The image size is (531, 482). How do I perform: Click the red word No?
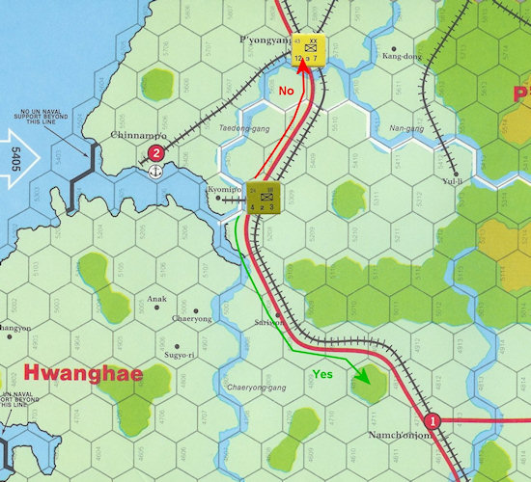click(x=286, y=90)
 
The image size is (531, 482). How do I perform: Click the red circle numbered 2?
click(x=156, y=152)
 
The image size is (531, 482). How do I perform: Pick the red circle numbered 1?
click(x=433, y=420)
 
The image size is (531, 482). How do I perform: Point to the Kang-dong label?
click(x=402, y=56)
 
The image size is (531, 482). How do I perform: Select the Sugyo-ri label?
click(x=181, y=356)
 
